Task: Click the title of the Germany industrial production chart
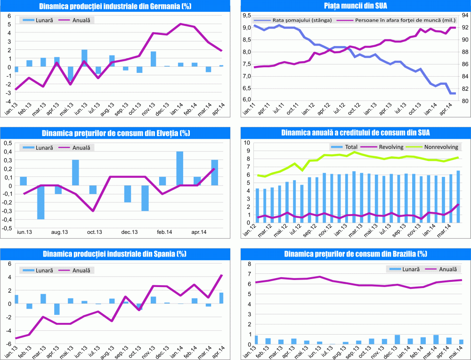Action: [x=115, y=6]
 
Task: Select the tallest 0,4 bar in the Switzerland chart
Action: [x=179, y=168]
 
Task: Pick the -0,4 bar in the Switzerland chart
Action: [x=41, y=202]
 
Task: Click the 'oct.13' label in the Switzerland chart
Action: [x=94, y=232]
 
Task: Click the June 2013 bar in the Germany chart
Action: [x=84, y=58]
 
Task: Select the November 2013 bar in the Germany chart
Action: [x=154, y=59]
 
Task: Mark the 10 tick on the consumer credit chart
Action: [x=245, y=142]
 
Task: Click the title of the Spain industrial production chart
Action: [x=115, y=254]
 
